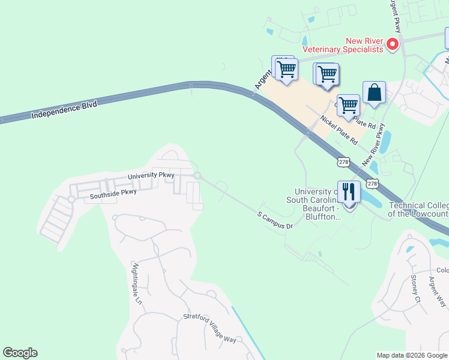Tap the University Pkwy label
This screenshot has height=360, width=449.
(151, 175)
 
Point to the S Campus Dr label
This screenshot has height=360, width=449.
(274, 220)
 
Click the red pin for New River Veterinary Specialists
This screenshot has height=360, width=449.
(392, 44)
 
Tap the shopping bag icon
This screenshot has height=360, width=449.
(373, 93)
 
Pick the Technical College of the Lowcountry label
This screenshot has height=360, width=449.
(418, 209)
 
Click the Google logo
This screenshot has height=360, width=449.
(20, 353)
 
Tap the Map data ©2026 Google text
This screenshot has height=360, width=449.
(412, 355)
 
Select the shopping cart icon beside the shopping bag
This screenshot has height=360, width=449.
(348, 106)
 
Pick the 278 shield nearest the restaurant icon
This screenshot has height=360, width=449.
(372, 183)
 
